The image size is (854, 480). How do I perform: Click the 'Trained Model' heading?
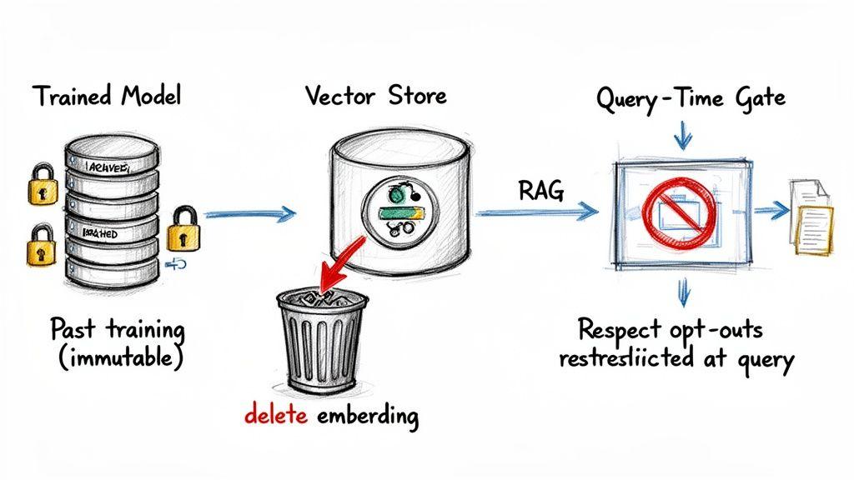[x=107, y=96]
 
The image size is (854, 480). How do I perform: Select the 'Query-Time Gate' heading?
[x=691, y=97]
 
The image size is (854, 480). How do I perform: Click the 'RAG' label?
[x=541, y=192]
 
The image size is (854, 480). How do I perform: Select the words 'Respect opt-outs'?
[x=671, y=329]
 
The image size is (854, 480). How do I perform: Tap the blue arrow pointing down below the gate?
[x=683, y=291]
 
